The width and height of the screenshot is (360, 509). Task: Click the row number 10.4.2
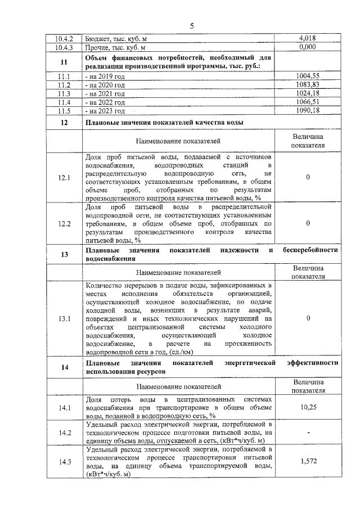pyautogui.click(x=64, y=39)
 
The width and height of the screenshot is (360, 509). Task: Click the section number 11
pyautogui.click(x=64, y=62)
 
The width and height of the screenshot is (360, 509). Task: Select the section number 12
pyautogui.click(x=64, y=123)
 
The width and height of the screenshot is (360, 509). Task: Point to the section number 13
pyautogui.click(x=64, y=254)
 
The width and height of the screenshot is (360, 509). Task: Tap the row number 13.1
pyautogui.click(x=64, y=318)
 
